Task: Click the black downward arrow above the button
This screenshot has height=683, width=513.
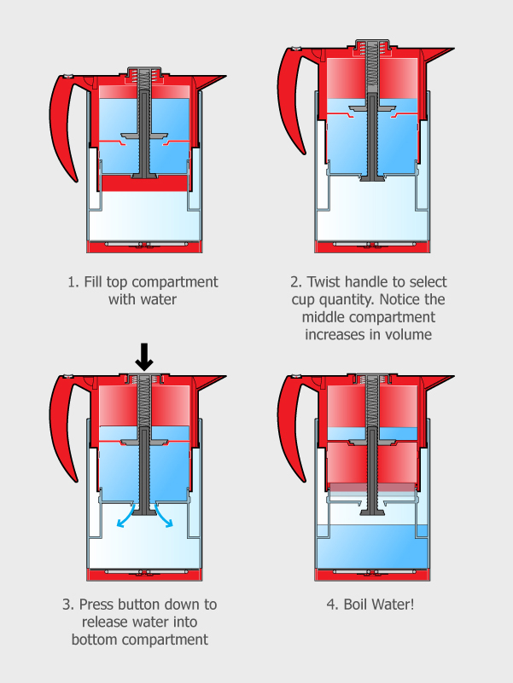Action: click(x=144, y=357)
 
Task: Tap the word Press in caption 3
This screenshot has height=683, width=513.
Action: click(x=97, y=605)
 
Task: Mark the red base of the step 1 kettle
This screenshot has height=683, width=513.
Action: click(x=144, y=247)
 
